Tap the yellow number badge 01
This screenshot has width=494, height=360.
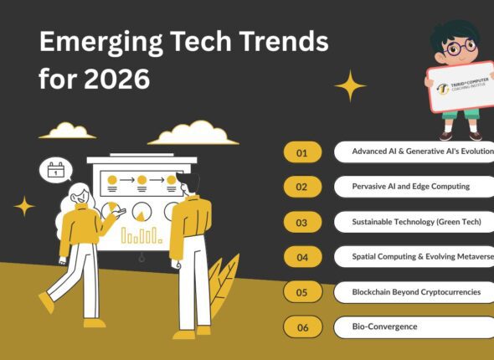(x=302, y=152)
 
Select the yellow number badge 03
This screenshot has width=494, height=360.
(x=302, y=222)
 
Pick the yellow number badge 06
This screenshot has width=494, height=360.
(x=302, y=327)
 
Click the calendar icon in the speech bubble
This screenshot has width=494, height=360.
(x=55, y=170)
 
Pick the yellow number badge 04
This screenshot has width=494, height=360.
(x=302, y=256)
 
